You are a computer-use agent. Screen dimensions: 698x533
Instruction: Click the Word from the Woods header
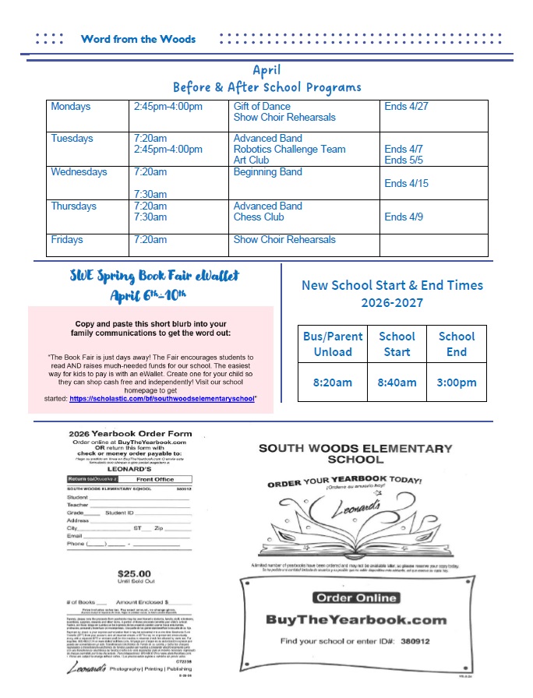coord(138,39)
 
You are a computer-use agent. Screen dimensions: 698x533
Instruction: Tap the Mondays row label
coord(71,107)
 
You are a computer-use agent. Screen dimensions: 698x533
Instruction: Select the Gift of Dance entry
coord(262,107)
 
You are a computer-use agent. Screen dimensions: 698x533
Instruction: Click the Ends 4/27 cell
coord(406,107)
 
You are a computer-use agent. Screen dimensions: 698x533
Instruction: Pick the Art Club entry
coord(251,160)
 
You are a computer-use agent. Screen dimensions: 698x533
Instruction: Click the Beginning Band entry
coord(267,172)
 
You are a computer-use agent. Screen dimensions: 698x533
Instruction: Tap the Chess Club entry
coord(259,217)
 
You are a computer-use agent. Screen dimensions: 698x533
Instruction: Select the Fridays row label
coord(67,240)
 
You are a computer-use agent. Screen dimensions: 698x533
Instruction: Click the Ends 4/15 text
coord(406,184)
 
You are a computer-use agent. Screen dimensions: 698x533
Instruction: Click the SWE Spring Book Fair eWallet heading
coord(153,276)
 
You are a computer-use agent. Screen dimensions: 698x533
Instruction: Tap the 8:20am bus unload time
coord(333,382)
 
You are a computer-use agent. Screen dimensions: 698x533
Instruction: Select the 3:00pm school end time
coord(457,382)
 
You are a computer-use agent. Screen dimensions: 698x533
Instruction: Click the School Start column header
coord(397,344)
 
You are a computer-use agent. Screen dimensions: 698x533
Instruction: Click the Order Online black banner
coord(355,598)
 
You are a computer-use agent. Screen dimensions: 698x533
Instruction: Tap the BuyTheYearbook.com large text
coord(356,620)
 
